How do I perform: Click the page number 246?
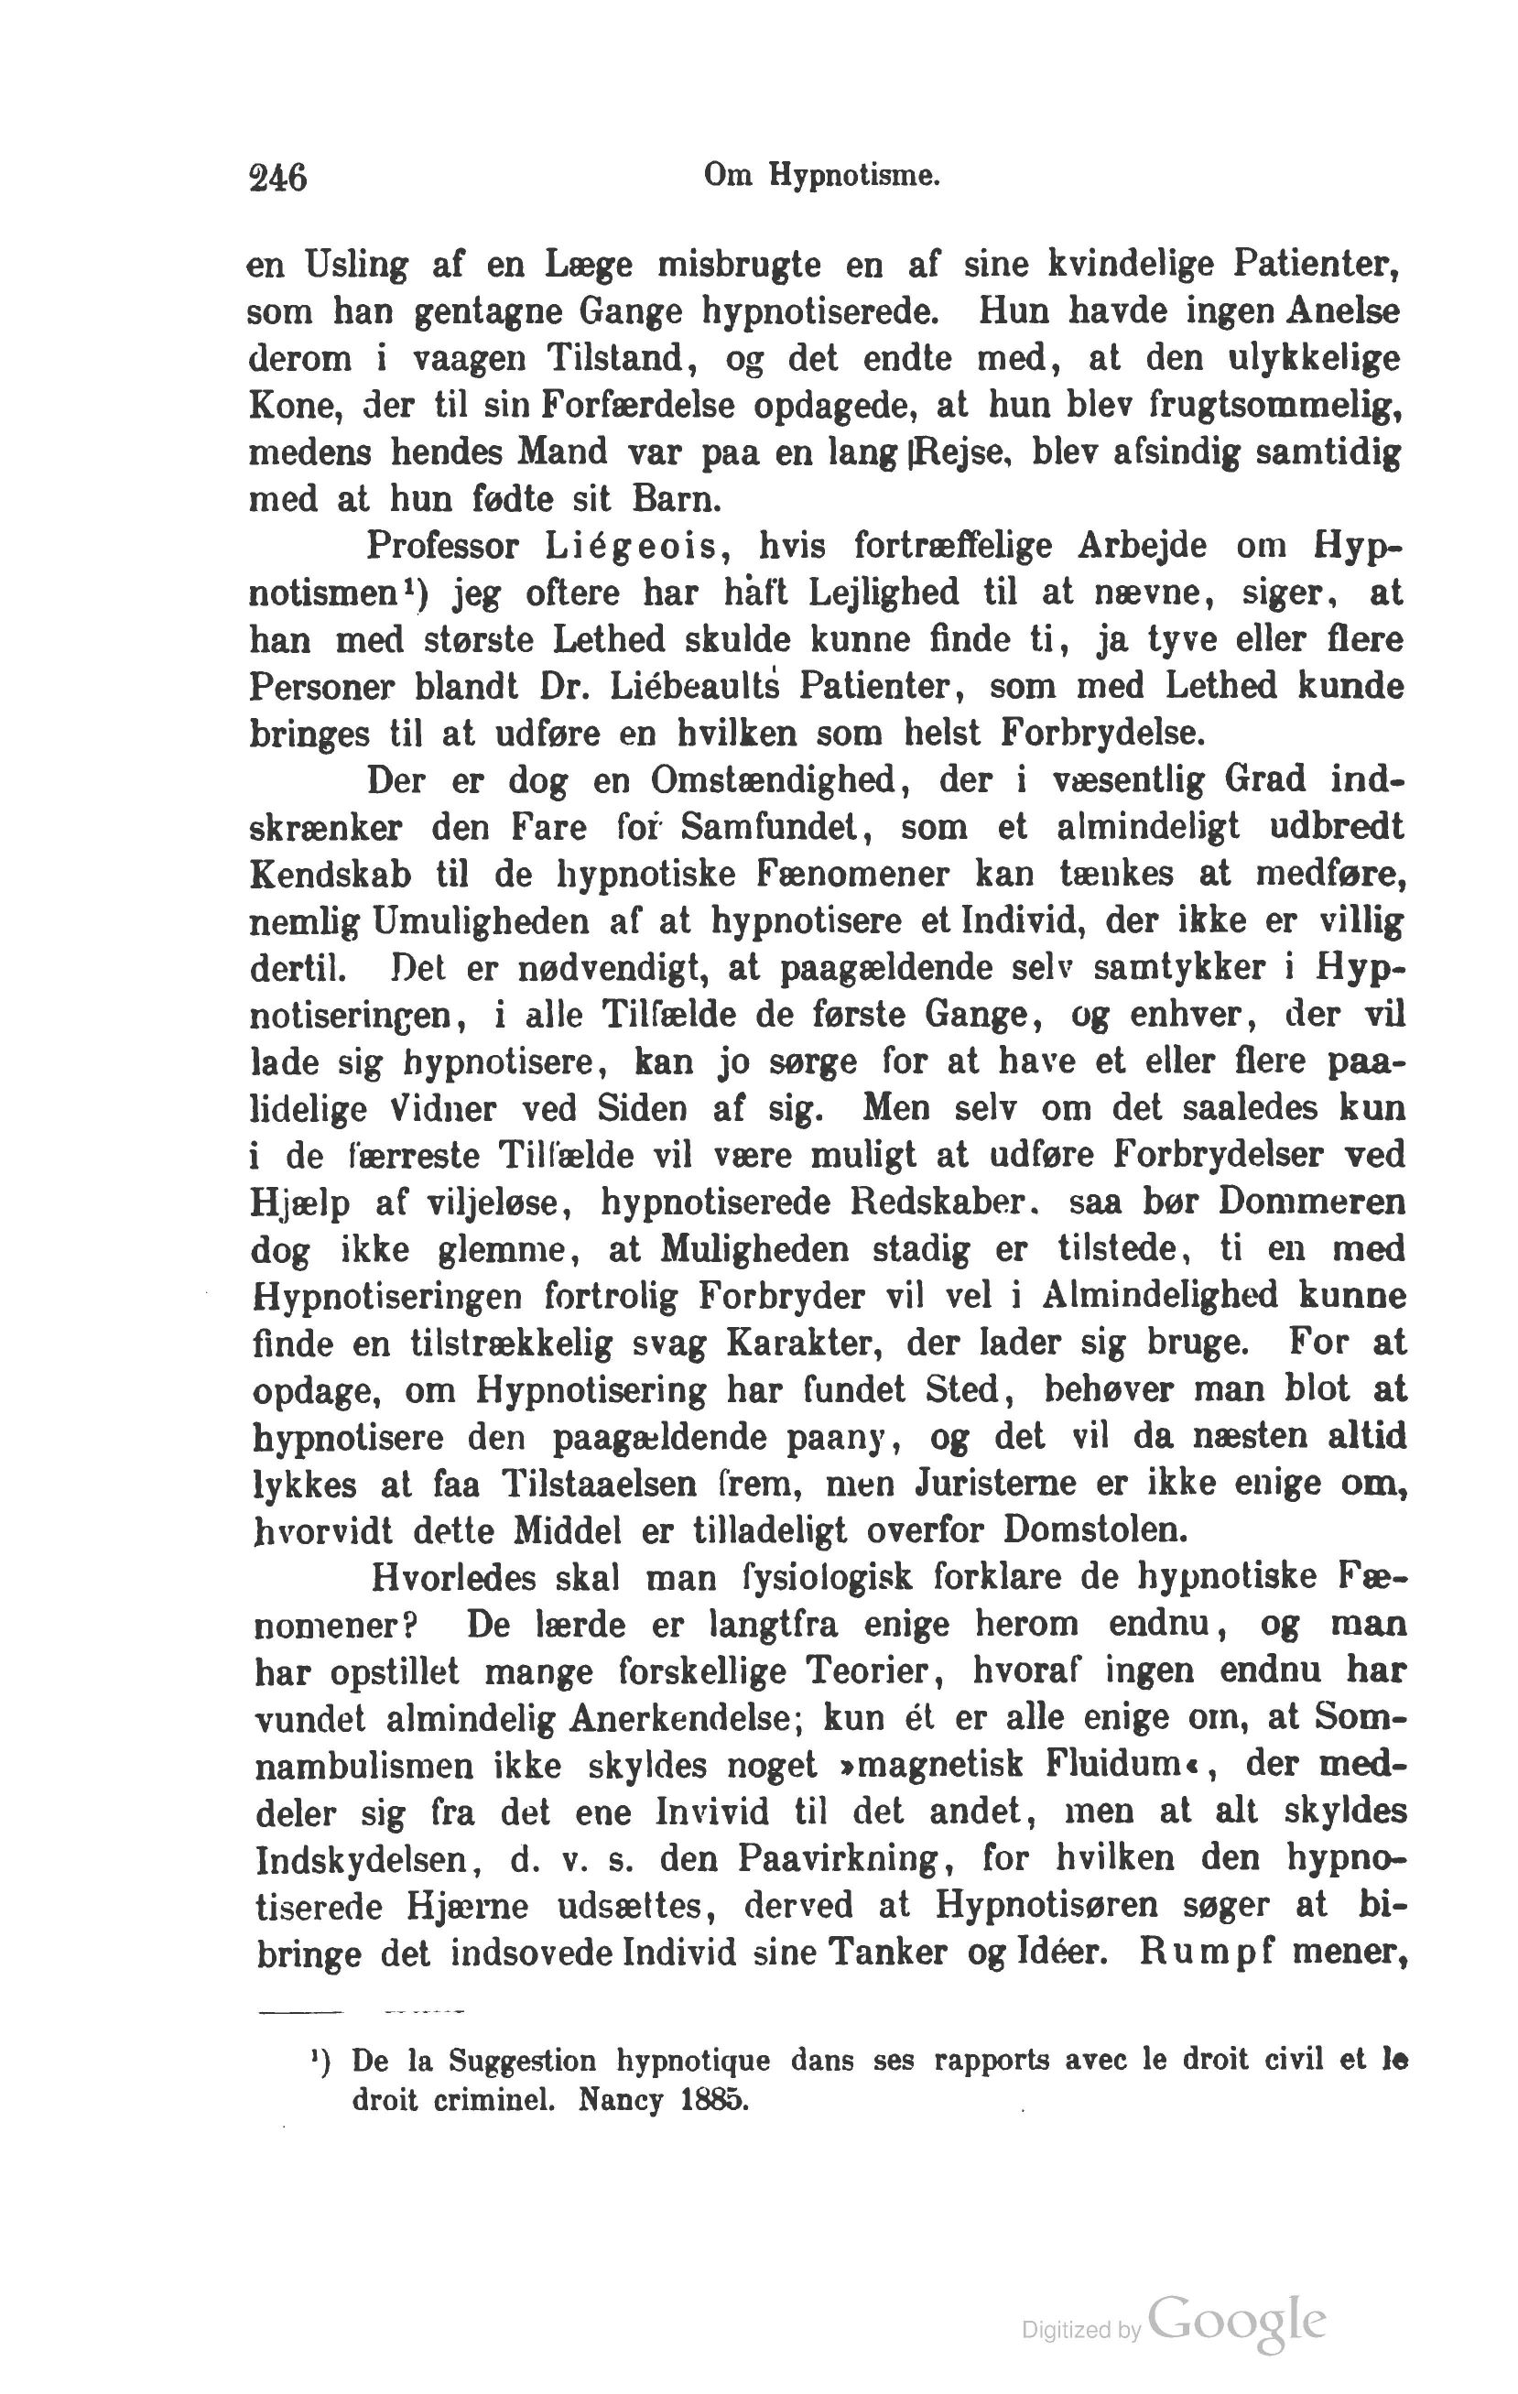pos(277,178)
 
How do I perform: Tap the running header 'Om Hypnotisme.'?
pos(821,176)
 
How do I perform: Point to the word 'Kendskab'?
pos(330,874)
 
